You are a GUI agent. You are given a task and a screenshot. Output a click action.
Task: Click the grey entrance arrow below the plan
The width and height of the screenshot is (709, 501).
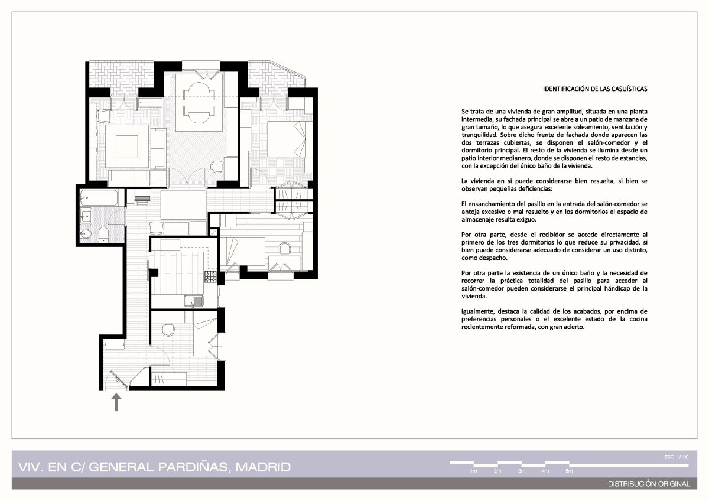click(x=116, y=402)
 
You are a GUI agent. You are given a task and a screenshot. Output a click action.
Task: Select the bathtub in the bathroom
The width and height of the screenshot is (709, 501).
click(x=99, y=198)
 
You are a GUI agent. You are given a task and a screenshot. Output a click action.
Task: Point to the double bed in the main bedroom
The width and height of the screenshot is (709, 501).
click(x=287, y=139)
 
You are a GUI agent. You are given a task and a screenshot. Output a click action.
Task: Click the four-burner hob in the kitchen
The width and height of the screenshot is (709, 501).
click(x=210, y=276)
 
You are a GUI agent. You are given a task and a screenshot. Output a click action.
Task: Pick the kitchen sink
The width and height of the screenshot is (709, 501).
click(x=194, y=301)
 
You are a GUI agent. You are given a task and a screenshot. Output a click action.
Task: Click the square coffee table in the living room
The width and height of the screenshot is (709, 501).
click(x=126, y=146)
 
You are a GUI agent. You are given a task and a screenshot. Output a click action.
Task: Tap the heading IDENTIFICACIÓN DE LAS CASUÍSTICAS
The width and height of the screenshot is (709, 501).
click(x=595, y=89)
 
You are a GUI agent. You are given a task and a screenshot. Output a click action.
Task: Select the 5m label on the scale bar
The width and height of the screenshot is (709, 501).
click(x=569, y=471)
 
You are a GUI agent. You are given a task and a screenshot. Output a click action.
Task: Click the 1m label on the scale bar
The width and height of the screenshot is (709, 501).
click(x=473, y=471)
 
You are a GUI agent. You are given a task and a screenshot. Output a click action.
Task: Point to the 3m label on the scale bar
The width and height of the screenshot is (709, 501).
click(x=522, y=471)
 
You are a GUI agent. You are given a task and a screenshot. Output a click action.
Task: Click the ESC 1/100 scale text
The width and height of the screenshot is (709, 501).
click(x=677, y=457)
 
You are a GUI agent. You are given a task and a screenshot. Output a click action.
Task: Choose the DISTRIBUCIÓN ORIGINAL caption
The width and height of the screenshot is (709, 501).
click(x=649, y=484)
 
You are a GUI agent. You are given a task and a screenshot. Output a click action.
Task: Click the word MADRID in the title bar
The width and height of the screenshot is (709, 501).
click(x=263, y=467)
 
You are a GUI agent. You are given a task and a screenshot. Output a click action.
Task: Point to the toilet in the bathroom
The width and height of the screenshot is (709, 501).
click(x=103, y=234)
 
